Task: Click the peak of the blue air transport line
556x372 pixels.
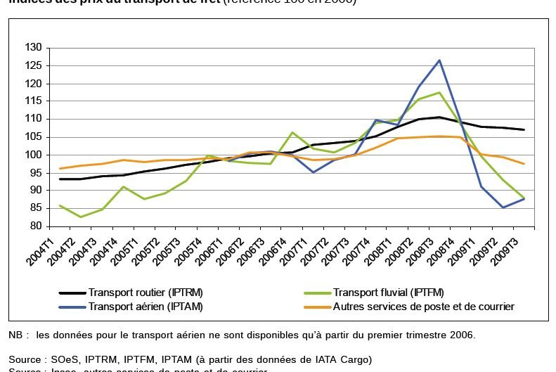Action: (439, 60)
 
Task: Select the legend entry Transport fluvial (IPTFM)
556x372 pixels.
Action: (388, 293)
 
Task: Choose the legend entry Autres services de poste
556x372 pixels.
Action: (423, 307)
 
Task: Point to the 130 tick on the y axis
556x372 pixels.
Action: (34, 48)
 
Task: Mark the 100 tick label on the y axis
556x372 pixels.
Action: (34, 155)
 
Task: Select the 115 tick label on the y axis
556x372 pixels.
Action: (34, 101)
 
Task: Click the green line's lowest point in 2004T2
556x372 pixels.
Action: (81, 217)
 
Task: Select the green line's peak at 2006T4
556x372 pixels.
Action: (292, 132)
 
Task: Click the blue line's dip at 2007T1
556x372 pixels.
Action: (313, 172)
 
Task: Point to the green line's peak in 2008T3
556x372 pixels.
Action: (439, 93)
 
